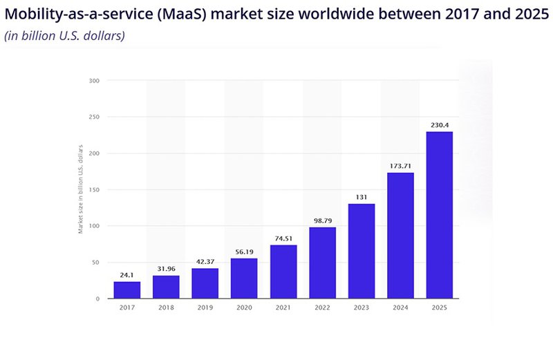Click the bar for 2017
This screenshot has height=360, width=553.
[126, 290]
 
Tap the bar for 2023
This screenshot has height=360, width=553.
[362, 251]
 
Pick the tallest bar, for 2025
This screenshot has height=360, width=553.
[439, 215]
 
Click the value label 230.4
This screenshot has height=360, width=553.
[439, 125]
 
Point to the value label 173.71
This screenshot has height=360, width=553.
[400, 167]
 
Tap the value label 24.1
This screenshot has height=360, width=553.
[126, 275]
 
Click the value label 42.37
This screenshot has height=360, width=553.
[205, 262]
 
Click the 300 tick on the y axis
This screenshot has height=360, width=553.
[94, 81]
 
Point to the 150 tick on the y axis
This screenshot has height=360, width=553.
[94, 190]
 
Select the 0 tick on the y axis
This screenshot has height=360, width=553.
[97, 299]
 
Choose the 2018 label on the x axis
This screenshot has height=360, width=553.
[166, 309]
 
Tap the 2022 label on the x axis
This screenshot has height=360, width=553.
[322, 309]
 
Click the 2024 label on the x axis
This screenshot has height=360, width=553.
[400, 309]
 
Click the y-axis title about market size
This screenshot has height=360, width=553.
[81, 190]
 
